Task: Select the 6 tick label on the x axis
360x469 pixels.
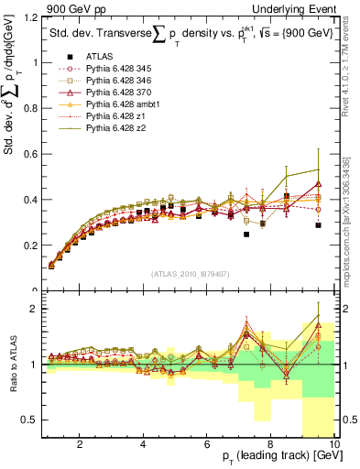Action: click(206, 444)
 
